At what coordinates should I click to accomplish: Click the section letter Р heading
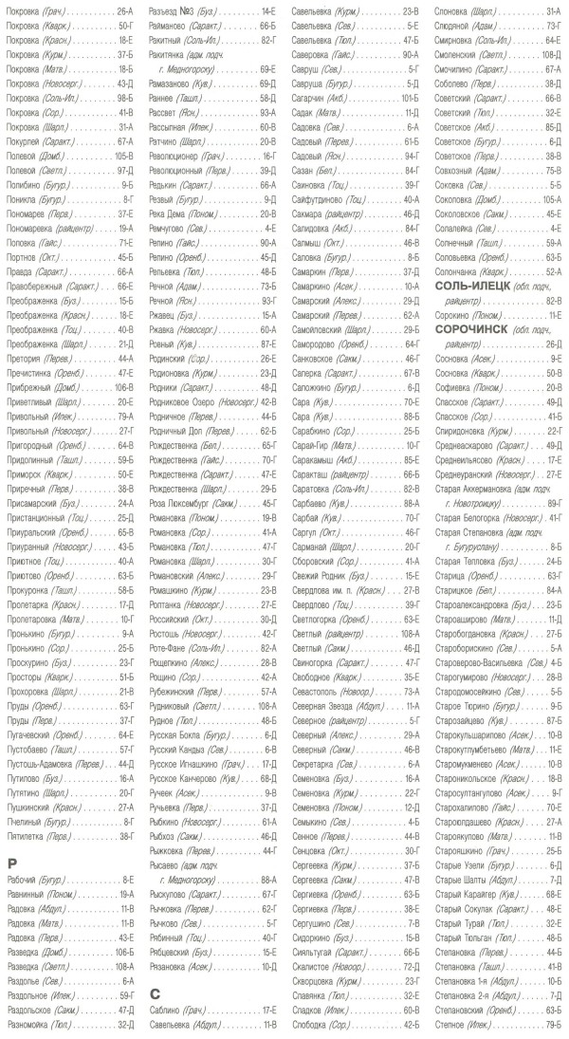coord(12,863)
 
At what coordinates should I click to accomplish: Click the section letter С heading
coord(155,993)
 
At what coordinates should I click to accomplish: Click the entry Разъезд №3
coord(174,9)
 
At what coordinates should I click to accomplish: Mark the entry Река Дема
coord(171,213)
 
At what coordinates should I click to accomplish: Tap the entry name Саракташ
coord(312,473)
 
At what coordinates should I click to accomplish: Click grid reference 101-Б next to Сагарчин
coord(409,96)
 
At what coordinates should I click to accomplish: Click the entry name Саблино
coord(165,1011)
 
